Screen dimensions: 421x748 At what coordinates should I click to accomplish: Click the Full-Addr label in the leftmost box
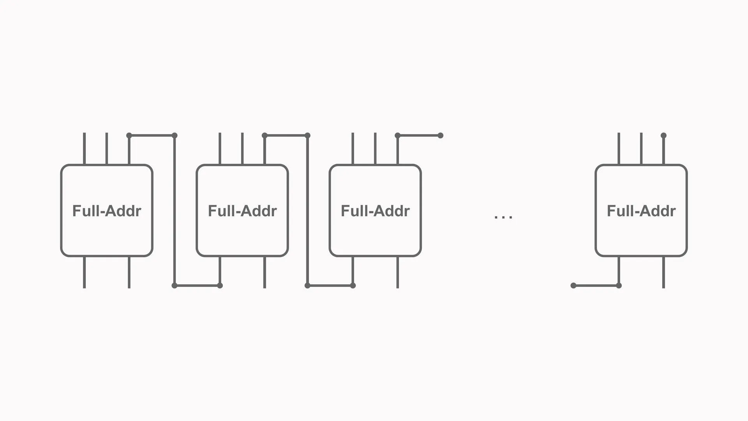(107, 211)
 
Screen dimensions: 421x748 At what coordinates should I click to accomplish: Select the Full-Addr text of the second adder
(242, 211)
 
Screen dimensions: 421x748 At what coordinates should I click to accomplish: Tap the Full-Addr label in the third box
(375, 211)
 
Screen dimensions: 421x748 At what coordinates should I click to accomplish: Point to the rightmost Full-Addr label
(641, 211)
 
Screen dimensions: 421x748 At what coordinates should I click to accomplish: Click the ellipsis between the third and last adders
(503, 217)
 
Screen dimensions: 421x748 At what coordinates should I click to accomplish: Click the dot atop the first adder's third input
(129, 136)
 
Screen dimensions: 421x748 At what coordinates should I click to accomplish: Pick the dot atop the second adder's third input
(265, 136)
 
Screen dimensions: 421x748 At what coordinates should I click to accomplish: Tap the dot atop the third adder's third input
(398, 136)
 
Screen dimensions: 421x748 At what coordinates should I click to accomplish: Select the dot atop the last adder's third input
(664, 136)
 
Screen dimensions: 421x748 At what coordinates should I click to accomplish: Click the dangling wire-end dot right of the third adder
(441, 136)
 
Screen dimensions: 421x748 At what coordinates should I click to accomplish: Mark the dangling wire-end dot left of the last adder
(573, 286)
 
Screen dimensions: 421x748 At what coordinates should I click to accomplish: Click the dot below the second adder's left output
(220, 286)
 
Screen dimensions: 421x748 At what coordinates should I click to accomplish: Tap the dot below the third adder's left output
(353, 286)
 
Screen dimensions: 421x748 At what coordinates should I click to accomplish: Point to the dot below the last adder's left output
(619, 286)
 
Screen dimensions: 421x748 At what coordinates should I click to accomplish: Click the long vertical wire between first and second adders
(175, 210)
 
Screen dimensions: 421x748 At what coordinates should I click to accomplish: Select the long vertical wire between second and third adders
(307, 210)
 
